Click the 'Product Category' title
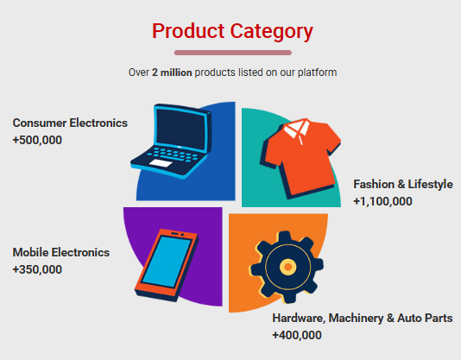tap(232, 32)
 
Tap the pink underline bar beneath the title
tap(233, 53)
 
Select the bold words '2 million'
tap(172, 73)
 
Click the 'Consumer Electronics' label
tap(70, 123)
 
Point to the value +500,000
tap(37, 140)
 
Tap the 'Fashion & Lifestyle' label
tap(403, 185)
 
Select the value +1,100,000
tap(382, 201)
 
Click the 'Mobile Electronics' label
tap(61, 252)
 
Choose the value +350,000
tap(37, 269)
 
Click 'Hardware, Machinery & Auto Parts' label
tap(363, 319)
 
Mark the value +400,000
tap(297, 335)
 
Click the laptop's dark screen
tap(181, 129)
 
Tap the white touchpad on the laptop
tap(161, 163)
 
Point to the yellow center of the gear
tap(288, 267)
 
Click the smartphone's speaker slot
tap(174, 234)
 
